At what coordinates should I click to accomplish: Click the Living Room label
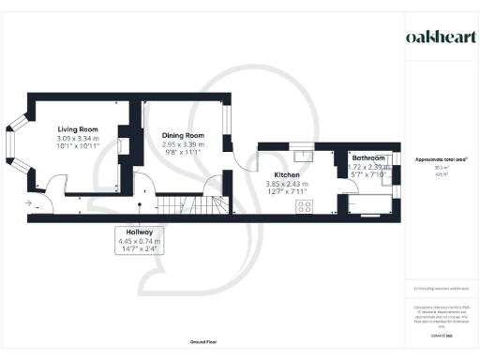click(x=77, y=130)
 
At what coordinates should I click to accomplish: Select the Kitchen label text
click(x=286, y=174)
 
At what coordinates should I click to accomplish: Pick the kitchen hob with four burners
click(x=305, y=206)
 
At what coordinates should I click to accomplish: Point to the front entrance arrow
click(x=28, y=202)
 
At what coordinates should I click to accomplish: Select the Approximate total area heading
click(x=442, y=159)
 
